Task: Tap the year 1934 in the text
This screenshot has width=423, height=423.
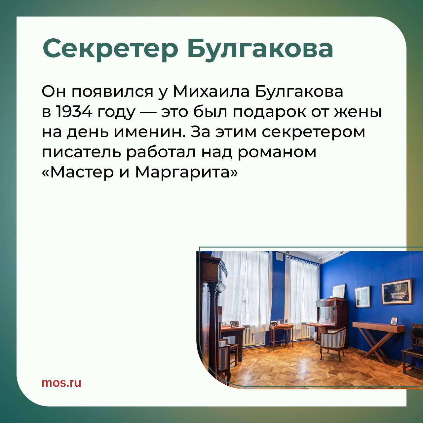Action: (x=74, y=112)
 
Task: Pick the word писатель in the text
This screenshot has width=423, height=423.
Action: (x=81, y=153)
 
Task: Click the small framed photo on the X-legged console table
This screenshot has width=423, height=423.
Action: (x=394, y=321)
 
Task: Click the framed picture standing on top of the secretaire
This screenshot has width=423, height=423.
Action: (x=338, y=291)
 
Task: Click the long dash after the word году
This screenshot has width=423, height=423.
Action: (x=148, y=113)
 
